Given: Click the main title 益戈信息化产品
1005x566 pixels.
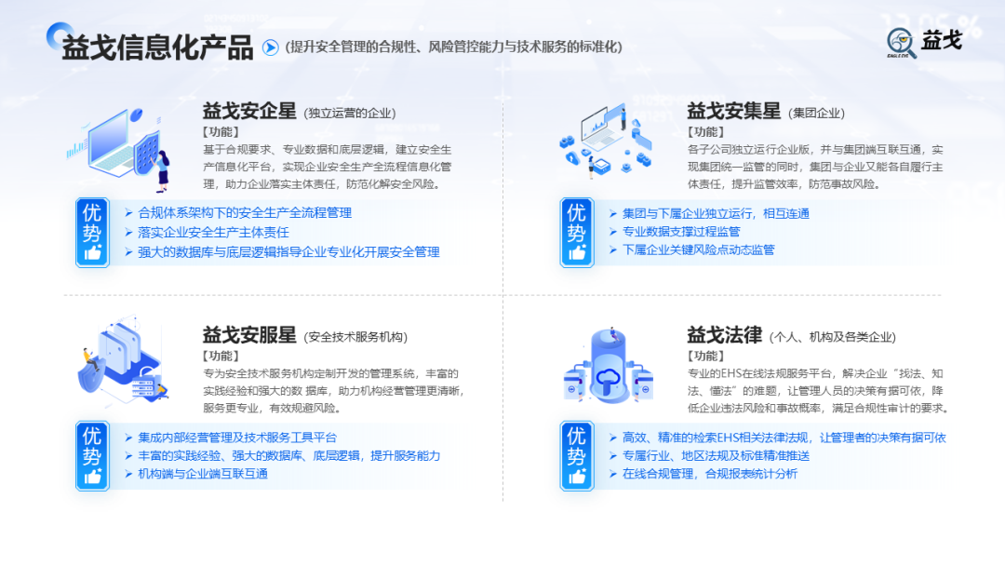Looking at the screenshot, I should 157,47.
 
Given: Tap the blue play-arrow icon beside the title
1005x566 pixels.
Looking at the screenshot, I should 271,47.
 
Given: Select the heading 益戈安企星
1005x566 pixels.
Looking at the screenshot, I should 249,112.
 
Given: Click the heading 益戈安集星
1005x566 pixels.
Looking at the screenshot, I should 733,112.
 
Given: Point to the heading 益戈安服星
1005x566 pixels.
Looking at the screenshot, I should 249,335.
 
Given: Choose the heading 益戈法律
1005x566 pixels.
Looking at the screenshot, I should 724,335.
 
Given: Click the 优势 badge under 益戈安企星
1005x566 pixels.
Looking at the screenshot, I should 92,233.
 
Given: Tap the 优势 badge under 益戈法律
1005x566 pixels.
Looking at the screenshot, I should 577,456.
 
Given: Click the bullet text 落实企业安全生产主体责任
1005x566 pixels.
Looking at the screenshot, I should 213,232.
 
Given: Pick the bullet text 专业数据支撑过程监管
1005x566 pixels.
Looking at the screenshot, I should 681,232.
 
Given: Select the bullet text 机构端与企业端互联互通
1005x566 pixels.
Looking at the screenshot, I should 203,474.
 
